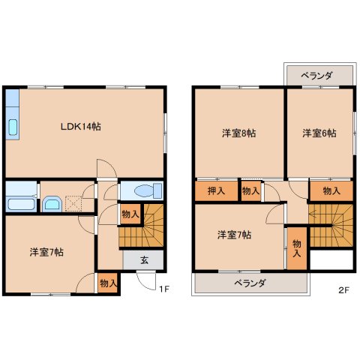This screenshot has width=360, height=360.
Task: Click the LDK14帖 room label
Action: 81,126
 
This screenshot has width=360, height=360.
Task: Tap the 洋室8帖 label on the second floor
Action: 238,133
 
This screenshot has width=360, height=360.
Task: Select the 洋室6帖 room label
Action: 319,133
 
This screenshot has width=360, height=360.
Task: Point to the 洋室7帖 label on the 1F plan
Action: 46,252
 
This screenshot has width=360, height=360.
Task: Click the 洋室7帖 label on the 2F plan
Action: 234,235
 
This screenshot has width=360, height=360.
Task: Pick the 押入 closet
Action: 216,191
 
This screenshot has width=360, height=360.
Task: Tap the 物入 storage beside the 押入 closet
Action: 250,192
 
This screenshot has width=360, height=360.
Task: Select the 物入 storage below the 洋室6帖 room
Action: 331,191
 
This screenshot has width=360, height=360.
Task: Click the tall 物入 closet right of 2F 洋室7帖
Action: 297,248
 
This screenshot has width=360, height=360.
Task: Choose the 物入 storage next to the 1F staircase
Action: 130,214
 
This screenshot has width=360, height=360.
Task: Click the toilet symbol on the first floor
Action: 142,189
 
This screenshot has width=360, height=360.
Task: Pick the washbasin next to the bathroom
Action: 52,203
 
